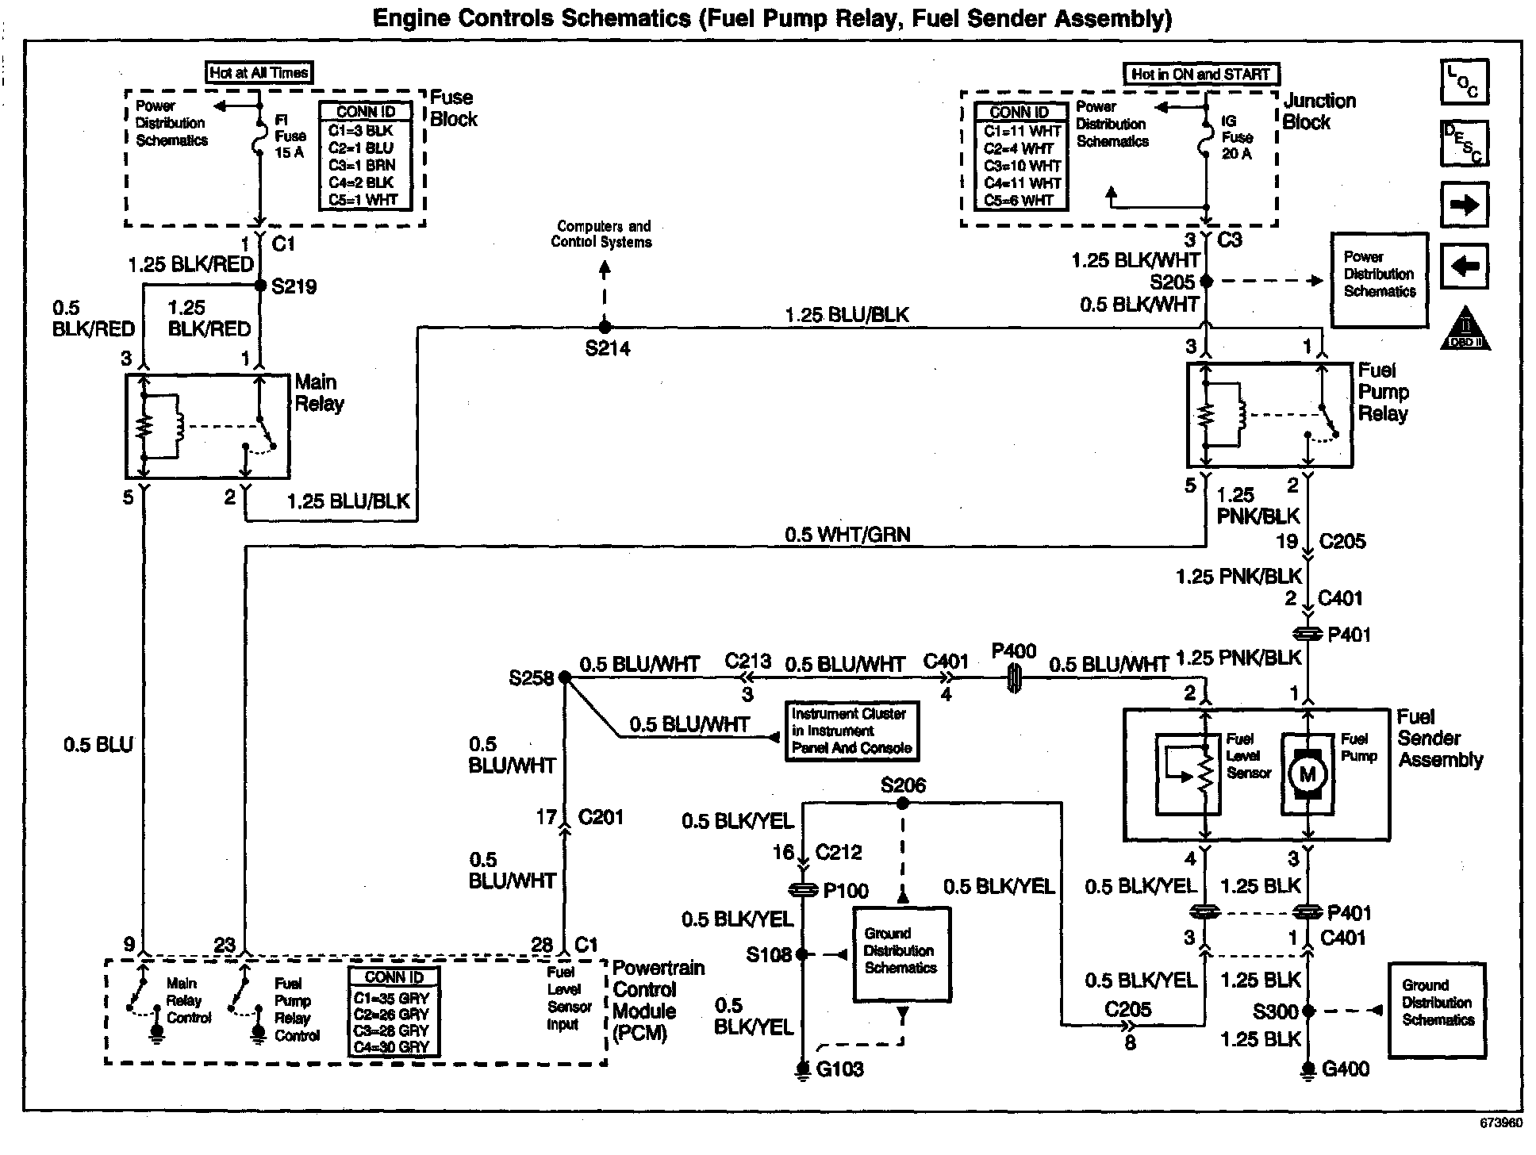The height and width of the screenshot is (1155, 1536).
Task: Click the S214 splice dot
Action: coord(605,327)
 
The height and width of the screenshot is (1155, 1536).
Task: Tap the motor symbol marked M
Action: coord(1308,774)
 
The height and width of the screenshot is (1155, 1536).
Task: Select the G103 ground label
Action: coord(839,1069)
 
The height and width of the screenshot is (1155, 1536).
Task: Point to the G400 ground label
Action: coord(1346,1069)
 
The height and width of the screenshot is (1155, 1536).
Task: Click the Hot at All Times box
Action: coord(259,73)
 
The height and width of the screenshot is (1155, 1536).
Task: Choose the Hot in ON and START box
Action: coord(1201,74)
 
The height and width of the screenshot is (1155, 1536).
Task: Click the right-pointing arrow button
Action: coord(1464,205)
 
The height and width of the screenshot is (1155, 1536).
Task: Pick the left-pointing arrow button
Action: coord(1464,266)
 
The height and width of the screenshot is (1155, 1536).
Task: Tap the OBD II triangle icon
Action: coord(1465,329)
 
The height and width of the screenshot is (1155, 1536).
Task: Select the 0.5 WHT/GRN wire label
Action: coord(847,535)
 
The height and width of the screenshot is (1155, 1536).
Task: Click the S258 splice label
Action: coord(531,679)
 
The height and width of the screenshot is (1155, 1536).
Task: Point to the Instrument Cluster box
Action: coord(851,731)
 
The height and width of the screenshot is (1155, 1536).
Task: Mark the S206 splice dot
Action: coord(903,804)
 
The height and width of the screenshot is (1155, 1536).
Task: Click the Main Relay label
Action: coord(320,393)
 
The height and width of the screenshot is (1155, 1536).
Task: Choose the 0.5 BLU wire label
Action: coord(98,745)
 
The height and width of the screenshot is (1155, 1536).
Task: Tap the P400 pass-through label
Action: coord(1014,651)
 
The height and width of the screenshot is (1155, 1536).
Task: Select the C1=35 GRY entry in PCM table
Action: coord(392,998)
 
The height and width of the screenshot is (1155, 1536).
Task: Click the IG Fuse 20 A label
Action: coord(1236,137)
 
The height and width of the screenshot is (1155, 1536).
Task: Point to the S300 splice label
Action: coord(1275,1011)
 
